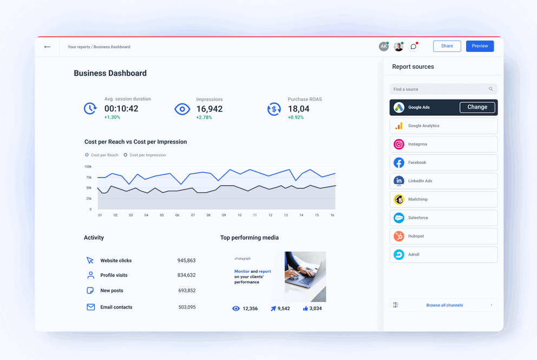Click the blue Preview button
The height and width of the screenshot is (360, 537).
(x=480, y=46)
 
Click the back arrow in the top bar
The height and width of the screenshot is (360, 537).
(x=48, y=47)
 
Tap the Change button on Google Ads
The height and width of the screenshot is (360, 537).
(x=477, y=107)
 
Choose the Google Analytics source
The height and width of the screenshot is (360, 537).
(x=443, y=126)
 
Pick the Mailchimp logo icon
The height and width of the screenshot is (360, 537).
(x=399, y=200)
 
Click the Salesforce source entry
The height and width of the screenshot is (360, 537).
(x=443, y=218)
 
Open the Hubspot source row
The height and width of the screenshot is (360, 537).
(x=443, y=236)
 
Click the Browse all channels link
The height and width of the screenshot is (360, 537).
(x=444, y=305)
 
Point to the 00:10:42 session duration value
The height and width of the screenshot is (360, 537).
(x=121, y=108)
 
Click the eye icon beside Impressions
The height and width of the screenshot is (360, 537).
(x=182, y=109)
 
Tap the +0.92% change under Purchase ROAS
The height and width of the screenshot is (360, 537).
(x=296, y=117)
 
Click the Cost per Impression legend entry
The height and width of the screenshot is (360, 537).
(x=145, y=155)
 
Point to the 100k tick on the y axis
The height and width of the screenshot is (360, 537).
(x=88, y=167)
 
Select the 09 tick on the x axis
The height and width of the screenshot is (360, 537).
(x=224, y=215)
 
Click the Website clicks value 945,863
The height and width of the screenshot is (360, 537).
(x=186, y=260)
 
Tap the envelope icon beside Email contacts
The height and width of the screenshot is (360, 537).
(x=90, y=307)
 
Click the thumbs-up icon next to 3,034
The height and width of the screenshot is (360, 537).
(x=305, y=309)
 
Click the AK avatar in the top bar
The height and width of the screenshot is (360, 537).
(x=383, y=47)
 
